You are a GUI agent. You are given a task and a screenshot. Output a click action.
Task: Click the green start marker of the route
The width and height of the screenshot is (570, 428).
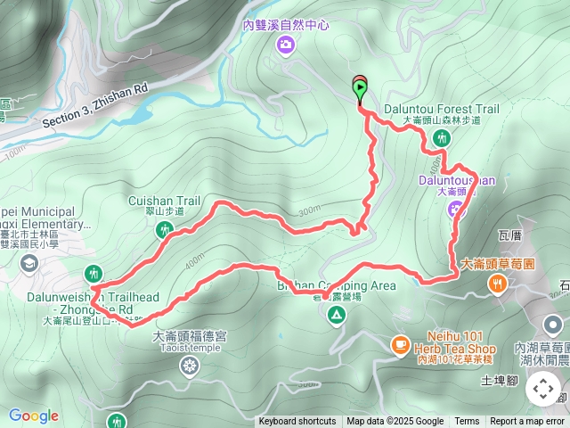[360, 88]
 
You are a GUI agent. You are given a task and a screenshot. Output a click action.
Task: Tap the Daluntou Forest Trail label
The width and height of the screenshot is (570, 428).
[441, 110]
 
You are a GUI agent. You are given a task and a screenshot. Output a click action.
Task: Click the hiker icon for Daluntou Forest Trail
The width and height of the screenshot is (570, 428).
[442, 137]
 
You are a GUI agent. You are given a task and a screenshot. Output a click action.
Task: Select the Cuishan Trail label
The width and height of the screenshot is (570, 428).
[165, 202]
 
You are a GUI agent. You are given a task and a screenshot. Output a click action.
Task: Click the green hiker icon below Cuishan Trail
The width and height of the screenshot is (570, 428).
[164, 231]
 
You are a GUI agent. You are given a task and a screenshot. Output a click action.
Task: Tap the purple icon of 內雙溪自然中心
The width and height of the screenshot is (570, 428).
[286, 45]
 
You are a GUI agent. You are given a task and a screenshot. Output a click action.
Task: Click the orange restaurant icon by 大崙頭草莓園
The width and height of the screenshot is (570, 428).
[496, 284]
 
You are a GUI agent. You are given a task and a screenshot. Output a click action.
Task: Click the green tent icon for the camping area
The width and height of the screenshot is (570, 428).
[337, 314]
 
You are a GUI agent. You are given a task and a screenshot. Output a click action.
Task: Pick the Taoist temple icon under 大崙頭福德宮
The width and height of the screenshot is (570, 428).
[190, 366]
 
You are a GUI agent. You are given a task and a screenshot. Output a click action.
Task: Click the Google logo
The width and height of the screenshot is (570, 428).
[33, 416]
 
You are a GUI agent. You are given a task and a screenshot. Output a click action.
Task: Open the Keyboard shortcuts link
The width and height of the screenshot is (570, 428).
[297, 422]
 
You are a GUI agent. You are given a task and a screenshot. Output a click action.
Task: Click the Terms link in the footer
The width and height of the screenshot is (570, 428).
[467, 422]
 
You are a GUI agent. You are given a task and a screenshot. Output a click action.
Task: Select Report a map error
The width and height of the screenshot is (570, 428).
[528, 422]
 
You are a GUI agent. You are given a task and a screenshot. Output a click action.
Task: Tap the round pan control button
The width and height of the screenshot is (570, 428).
[543, 389]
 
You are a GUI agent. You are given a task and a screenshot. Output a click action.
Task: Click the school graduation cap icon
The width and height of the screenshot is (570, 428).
[29, 262]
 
